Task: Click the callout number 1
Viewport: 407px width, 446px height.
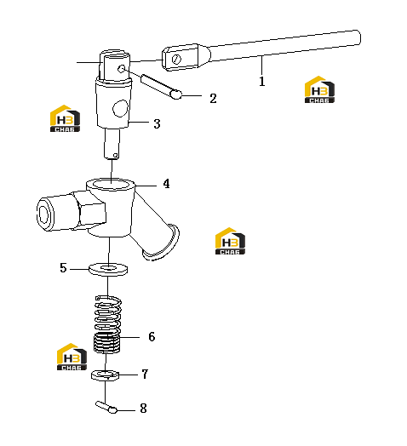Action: pyautogui.click(x=262, y=82)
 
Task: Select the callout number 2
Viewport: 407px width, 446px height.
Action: pyautogui.click(x=213, y=99)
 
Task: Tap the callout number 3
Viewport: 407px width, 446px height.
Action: pyautogui.click(x=157, y=123)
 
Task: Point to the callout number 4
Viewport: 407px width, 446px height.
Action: pyautogui.click(x=167, y=184)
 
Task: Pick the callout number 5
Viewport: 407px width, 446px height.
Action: pyautogui.click(x=63, y=268)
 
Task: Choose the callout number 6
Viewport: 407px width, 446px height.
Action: pyautogui.click(x=152, y=336)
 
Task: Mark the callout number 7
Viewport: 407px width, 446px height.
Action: pyautogui.click(x=145, y=374)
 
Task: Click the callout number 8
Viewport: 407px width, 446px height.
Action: pyautogui.click(x=143, y=409)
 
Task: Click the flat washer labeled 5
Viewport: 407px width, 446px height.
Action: pyautogui.click(x=108, y=269)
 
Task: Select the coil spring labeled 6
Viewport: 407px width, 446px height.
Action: pyautogui.click(x=107, y=324)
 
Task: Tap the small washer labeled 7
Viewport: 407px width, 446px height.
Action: pyautogui.click(x=105, y=375)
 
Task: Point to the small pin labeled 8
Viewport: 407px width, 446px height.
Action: pyautogui.click(x=106, y=407)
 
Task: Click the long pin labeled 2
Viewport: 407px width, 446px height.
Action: pyautogui.click(x=161, y=87)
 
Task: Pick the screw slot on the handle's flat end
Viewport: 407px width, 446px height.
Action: pyautogui.click(x=176, y=60)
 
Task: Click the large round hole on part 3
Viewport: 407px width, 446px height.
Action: pyautogui.click(x=120, y=108)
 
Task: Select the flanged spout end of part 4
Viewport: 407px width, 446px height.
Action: pyautogui.click(x=161, y=243)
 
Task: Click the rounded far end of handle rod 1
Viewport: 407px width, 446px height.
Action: pyautogui.click(x=357, y=37)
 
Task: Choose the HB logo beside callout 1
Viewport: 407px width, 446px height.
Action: pyautogui.click(x=319, y=89)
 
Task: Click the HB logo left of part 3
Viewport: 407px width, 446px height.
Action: pyautogui.click(x=65, y=118)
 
